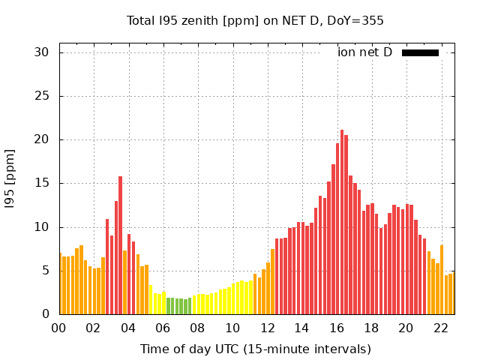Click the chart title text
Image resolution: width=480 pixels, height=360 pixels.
[x=255, y=20]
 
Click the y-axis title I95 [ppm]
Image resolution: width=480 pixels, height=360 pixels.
[x=10, y=178]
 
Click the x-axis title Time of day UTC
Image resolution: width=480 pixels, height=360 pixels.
[x=255, y=349]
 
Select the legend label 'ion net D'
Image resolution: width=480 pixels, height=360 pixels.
[x=364, y=52]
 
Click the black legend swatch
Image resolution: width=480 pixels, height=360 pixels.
[x=420, y=52]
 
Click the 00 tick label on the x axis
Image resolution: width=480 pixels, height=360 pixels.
[x=59, y=328]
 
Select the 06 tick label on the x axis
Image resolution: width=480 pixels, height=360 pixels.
[x=163, y=328]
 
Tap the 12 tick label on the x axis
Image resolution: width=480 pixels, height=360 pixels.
[x=267, y=328]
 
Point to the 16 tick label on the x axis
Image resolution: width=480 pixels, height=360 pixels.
[x=337, y=328]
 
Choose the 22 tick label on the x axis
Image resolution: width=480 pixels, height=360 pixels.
[x=440, y=328]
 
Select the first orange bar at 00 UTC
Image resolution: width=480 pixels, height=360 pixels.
[x=60, y=283]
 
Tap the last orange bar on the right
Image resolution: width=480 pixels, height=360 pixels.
[x=451, y=293]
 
